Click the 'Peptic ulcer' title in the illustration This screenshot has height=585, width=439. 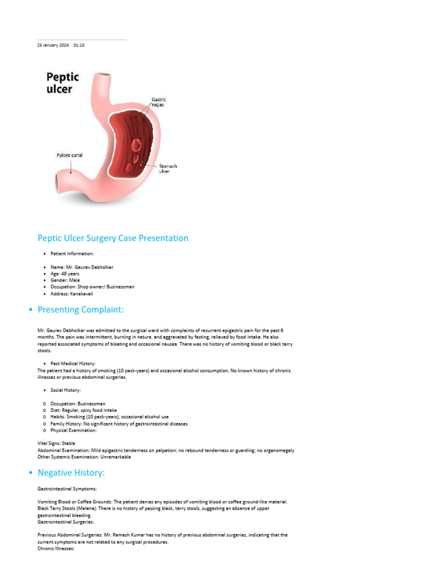62,83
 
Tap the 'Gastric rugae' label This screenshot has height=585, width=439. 158,102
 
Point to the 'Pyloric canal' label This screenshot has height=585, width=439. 69,155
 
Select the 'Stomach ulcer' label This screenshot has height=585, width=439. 167,169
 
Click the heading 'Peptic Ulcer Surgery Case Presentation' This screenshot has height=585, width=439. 113,238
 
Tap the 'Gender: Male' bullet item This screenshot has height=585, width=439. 66,280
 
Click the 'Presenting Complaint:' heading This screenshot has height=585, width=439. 80,310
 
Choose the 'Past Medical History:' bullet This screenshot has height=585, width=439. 73,363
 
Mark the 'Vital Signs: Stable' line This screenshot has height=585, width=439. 56,443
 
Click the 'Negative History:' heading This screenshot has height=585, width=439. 71,472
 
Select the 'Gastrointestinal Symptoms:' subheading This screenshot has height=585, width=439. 67,489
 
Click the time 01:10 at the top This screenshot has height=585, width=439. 79,45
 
